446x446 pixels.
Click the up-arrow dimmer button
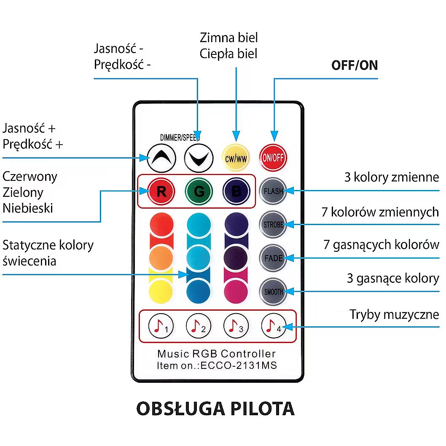click(161, 158)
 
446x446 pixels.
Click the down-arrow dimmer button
click(199, 158)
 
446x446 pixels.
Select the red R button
click(161, 192)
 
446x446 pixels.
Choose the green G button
click(199, 192)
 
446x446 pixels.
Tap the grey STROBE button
click(273, 224)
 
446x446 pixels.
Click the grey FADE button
click(273, 258)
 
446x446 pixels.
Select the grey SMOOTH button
click(273, 291)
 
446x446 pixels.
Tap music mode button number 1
click(161, 326)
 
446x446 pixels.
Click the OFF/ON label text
click(355, 66)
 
